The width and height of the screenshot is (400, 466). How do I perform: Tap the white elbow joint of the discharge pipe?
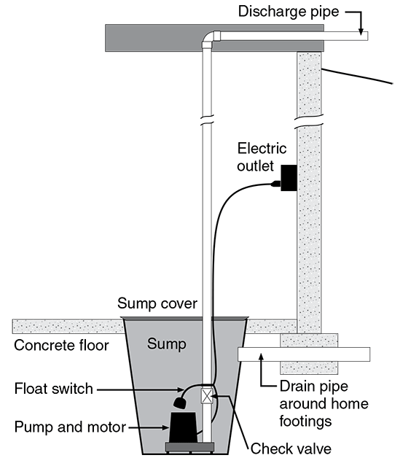point(209,39)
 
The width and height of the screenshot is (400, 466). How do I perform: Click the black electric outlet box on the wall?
point(289,179)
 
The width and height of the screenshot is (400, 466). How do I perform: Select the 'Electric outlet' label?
point(262,157)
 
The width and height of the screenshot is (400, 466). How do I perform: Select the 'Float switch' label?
point(54,389)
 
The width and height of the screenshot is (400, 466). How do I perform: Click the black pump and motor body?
point(183,425)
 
